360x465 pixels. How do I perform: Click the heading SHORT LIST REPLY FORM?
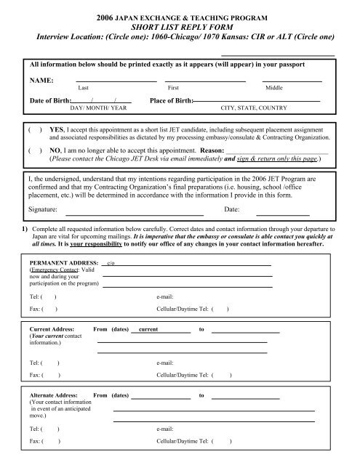[180, 26]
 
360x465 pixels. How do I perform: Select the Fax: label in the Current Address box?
[34, 375]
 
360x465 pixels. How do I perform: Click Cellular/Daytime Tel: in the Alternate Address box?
[182, 441]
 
